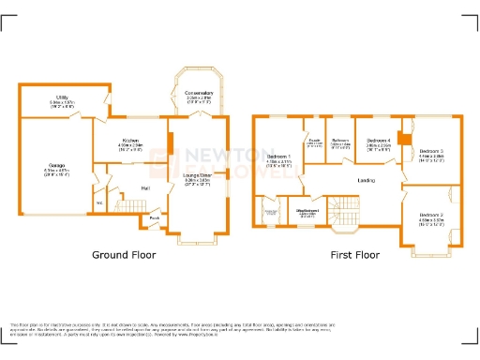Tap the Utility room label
tap(62, 97)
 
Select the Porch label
tap(154, 219)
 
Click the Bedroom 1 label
tap(278, 157)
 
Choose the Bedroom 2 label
tap(432, 216)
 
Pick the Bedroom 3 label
tap(431, 151)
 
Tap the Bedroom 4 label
tap(379, 142)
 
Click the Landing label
tap(367, 181)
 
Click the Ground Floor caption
tap(123, 254)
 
